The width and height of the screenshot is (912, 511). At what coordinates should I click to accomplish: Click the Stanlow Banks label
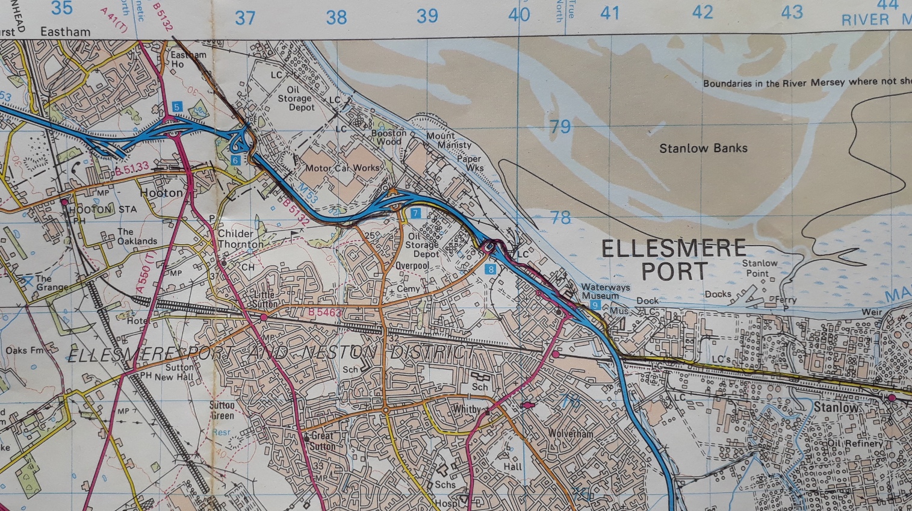[x=703, y=148]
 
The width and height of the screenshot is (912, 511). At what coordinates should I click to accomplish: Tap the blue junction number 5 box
[x=176, y=107]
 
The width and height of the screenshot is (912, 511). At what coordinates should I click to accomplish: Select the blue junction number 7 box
[x=415, y=213]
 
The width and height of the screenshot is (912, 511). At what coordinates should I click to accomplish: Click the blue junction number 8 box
[x=491, y=269]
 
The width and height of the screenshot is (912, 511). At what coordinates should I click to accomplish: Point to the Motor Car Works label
[x=343, y=168]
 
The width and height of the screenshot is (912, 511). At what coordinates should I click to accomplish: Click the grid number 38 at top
[x=337, y=17]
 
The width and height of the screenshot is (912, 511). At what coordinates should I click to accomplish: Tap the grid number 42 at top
[x=702, y=13]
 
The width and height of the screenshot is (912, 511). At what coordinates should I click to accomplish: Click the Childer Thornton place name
[x=239, y=239]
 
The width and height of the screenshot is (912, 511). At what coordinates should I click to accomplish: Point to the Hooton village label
[x=161, y=193]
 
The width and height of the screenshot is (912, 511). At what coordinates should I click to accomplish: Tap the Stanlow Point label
[x=758, y=268]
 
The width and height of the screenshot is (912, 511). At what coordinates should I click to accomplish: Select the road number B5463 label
[x=324, y=312]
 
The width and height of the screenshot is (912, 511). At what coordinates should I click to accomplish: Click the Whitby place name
[x=467, y=409]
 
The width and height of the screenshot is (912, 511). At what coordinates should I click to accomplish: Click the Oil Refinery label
[x=855, y=444]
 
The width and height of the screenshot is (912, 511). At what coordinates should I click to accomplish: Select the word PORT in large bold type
[x=674, y=271]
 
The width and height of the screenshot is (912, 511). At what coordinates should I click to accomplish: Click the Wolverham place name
[x=570, y=433]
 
